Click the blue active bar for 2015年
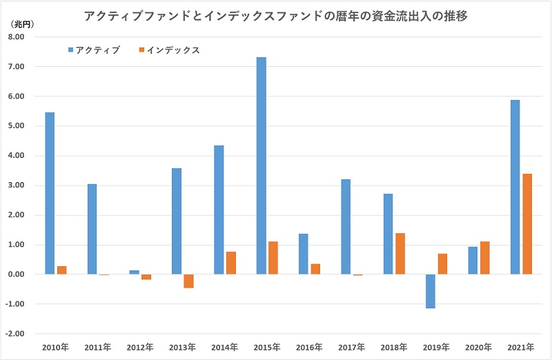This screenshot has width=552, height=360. point(262,166)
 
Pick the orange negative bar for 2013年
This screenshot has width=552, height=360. point(188,281)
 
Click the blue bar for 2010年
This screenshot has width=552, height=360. point(50,193)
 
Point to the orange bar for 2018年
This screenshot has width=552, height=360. point(400,254)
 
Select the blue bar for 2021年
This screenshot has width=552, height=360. point(515,187)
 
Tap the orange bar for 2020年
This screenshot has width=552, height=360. point(485,258)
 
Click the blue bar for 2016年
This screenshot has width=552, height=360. point(304,254)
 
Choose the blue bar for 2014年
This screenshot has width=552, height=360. point(219,210)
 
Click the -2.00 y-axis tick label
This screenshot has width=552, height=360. point(14,334)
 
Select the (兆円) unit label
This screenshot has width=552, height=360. point(21,23)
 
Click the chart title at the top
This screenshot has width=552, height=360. point(276,16)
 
